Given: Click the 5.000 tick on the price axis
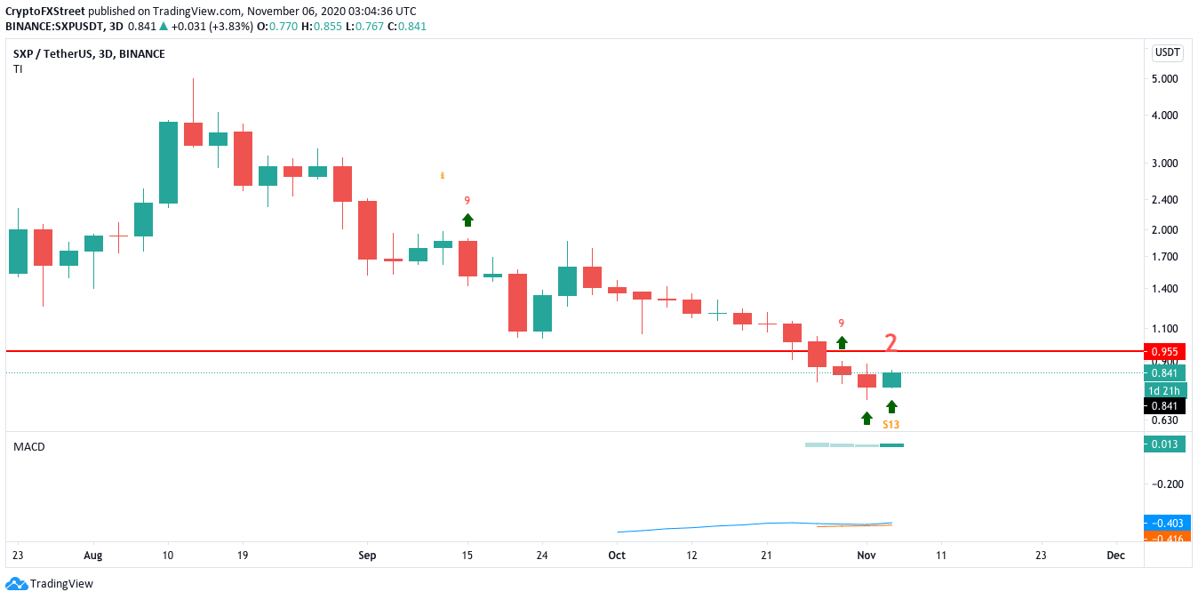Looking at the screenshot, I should tap(1163, 79).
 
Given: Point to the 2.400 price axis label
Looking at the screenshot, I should tap(1163, 199).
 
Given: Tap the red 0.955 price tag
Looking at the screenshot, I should tap(1164, 351).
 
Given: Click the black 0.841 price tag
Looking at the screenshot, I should tap(1164, 406).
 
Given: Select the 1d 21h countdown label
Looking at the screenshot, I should tap(1164, 390).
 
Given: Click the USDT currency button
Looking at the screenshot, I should tap(1167, 52).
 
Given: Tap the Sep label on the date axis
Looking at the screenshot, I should tap(367, 556).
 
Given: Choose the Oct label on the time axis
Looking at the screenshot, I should tap(617, 556).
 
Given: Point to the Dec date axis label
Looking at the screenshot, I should tap(1116, 556).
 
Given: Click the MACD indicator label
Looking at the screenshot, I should tap(28, 446).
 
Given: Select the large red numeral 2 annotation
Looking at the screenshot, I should tap(891, 341).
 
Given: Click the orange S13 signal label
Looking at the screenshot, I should tap(891, 425).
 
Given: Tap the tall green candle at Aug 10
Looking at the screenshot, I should tap(168, 163).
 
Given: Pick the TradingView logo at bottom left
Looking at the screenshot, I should tap(50, 584).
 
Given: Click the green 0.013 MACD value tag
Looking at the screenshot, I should tap(1164, 444).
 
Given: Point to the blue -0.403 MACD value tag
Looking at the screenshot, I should tap(1164, 524).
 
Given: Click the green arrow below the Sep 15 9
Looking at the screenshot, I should tap(467, 220).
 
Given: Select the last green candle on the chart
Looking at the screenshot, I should tap(892, 380).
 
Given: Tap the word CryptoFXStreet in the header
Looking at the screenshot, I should tap(44, 11).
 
